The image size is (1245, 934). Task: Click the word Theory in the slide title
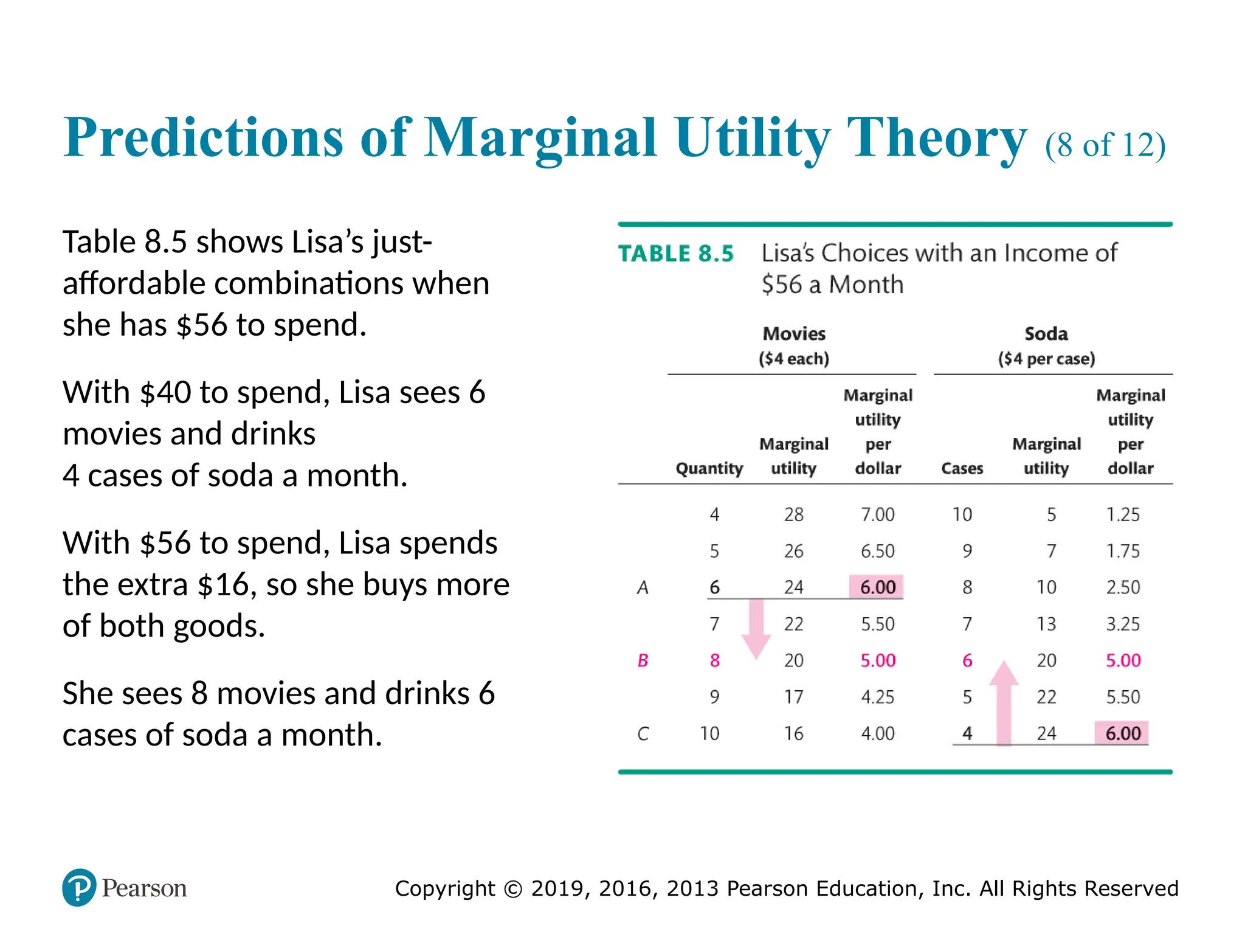[936, 139]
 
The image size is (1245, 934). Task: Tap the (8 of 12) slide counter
[1105, 145]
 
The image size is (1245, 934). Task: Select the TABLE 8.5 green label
[676, 254]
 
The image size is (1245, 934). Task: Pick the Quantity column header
[709, 468]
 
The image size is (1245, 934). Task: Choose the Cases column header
[962, 468]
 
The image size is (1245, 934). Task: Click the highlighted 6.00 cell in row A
[877, 587]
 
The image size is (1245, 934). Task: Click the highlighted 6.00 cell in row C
[1122, 733]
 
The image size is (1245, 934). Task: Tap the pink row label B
[643, 660]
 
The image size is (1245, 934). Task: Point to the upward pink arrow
[1004, 702]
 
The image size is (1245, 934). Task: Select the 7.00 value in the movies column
[877, 514]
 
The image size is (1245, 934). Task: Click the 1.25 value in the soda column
[1122, 514]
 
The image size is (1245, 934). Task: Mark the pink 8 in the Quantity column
[715, 660]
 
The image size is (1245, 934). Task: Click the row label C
[643, 733]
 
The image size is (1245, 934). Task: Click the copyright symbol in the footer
[513, 889]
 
